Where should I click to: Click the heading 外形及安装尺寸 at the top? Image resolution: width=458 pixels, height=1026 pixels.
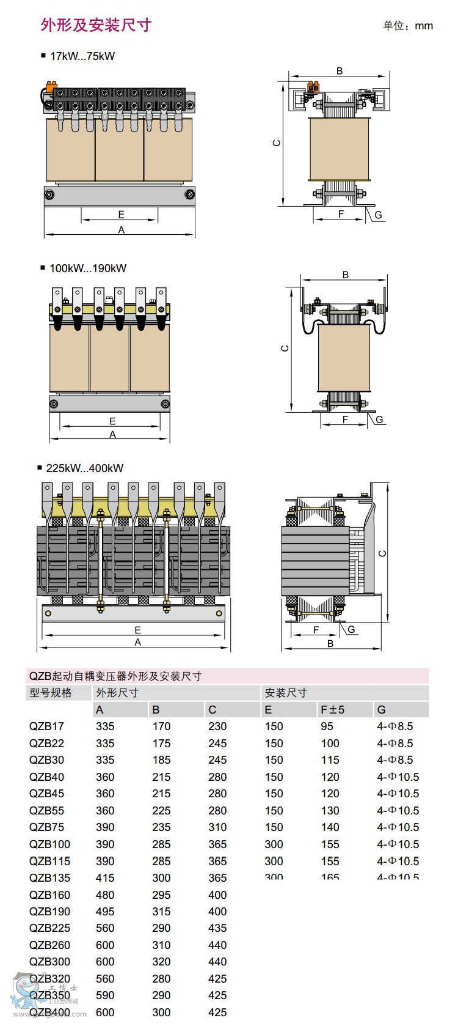(96, 24)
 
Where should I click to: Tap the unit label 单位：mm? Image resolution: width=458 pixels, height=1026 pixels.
(408, 26)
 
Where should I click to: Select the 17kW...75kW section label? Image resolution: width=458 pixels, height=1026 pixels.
(82, 56)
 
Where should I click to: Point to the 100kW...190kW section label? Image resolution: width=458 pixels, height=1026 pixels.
(87, 268)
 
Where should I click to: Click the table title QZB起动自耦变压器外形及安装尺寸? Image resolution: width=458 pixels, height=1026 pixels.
(115, 676)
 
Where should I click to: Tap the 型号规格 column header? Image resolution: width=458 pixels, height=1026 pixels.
(51, 693)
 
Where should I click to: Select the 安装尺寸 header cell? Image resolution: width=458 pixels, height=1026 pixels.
(286, 693)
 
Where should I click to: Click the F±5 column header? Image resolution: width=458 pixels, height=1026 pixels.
(333, 710)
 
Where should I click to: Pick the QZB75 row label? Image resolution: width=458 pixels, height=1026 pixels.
(46, 827)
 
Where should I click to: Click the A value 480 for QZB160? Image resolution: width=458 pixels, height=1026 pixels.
(105, 895)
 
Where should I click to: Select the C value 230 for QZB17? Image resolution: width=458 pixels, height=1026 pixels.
(217, 726)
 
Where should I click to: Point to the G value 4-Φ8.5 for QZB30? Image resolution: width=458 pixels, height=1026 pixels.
(395, 760)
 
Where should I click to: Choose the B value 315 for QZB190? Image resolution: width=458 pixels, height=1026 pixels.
(161, 912)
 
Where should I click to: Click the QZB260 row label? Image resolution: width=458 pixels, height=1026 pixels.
(49, 945)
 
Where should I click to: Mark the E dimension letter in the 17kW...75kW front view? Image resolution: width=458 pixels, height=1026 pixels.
(121, 215)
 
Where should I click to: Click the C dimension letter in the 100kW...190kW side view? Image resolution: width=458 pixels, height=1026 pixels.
(285, 349)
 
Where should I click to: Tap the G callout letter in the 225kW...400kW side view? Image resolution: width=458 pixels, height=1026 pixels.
(351, 630)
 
